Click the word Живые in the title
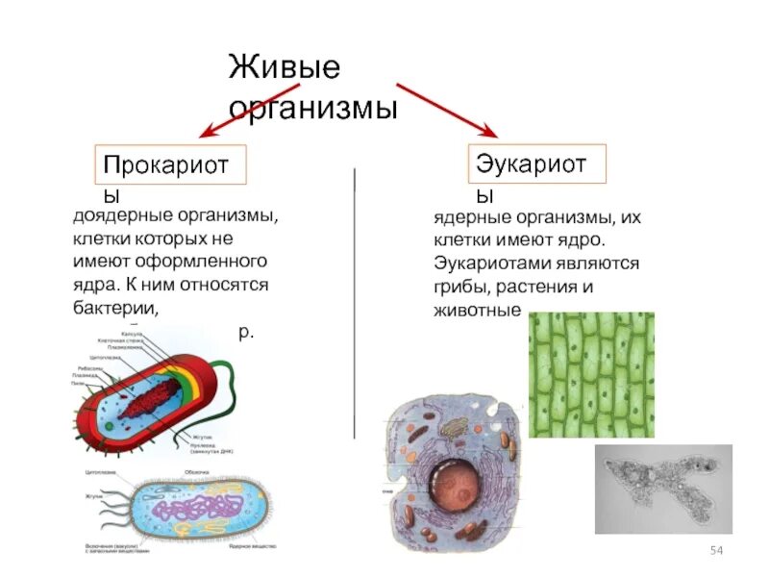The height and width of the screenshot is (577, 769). (285, 69)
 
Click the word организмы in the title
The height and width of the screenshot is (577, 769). (312, 106)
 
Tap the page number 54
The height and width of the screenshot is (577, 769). (715, 549)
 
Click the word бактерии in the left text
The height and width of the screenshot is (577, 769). (113, 308)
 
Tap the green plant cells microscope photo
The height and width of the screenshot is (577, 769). (591, 373)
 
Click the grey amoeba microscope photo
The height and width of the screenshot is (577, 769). (663, 489)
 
